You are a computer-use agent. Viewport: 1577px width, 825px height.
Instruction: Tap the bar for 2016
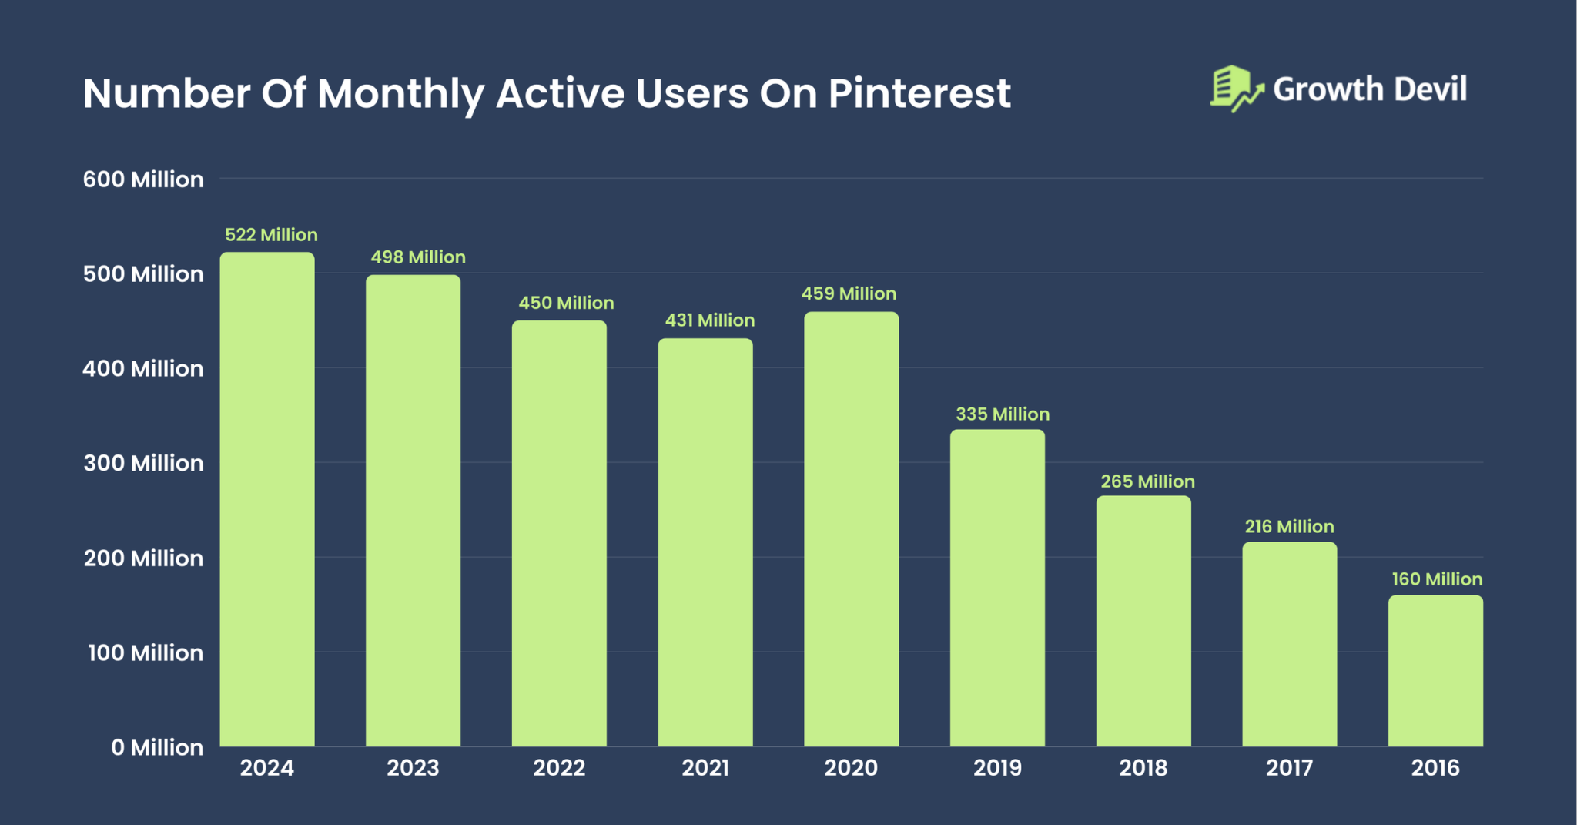click(x=1435, y=670)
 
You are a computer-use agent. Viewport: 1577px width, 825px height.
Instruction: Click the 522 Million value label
click(x=271, y=235)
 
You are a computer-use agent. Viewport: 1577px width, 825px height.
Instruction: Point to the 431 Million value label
click(x=709, y=320)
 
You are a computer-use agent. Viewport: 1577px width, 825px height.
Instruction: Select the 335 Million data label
click(x=1002, y=414)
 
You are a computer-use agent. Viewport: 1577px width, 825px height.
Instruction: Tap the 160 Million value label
click(x=1436, y=579)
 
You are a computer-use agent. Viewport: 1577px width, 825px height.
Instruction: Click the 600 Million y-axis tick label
click(x=143, y=179)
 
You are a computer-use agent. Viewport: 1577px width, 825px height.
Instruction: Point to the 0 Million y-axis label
click(x=157, y=747)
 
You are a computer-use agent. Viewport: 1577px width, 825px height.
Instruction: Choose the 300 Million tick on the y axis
click(x=143, y=463)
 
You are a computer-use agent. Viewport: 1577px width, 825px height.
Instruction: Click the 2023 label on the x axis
click(x=413, y=768)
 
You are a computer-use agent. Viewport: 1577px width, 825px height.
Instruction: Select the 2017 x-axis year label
click(x=1289, y=768)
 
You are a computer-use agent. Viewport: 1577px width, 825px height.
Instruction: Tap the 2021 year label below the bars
click(x=705, y=768)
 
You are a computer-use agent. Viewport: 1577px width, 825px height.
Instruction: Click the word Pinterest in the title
click(x=919, y=93)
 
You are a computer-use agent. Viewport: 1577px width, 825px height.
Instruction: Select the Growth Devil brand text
click(x=1369, y=89)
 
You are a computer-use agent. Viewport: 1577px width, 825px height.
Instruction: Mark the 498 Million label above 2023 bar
click(x=418, y=257)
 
